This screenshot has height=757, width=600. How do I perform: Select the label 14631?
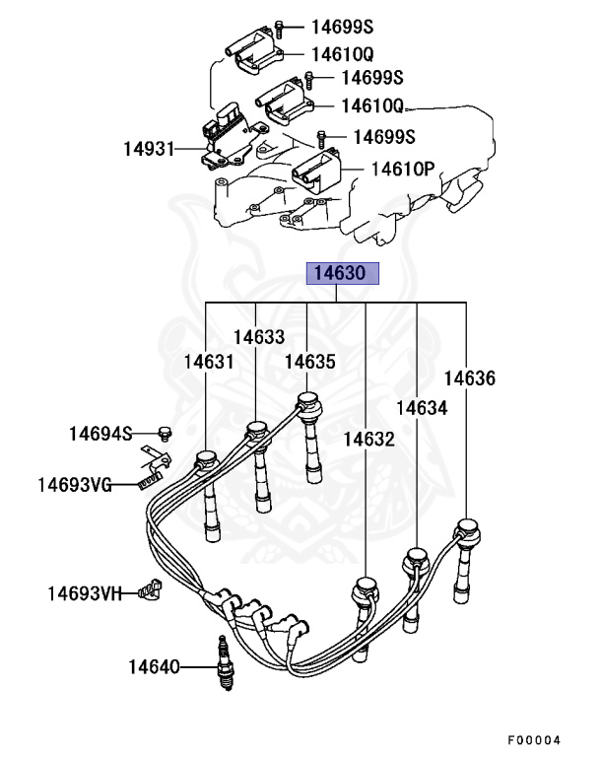click(x=209, y=362)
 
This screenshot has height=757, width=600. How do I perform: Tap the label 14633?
click(x=259, y=337)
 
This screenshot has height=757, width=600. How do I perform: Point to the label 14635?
click(x=310, y=362)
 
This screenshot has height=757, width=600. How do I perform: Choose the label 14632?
click(x=369, y=439)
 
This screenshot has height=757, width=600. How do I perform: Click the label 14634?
click(x=422, y=407)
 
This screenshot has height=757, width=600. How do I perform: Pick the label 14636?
click(x=469, y=378)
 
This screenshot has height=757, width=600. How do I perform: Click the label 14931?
click(x=148, y=150)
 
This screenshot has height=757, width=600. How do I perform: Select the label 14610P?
click(x=402, y=169)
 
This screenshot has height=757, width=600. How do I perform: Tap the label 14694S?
click(x=100, y=433)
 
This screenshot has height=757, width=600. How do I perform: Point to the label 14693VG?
click(x=75, y=484)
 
